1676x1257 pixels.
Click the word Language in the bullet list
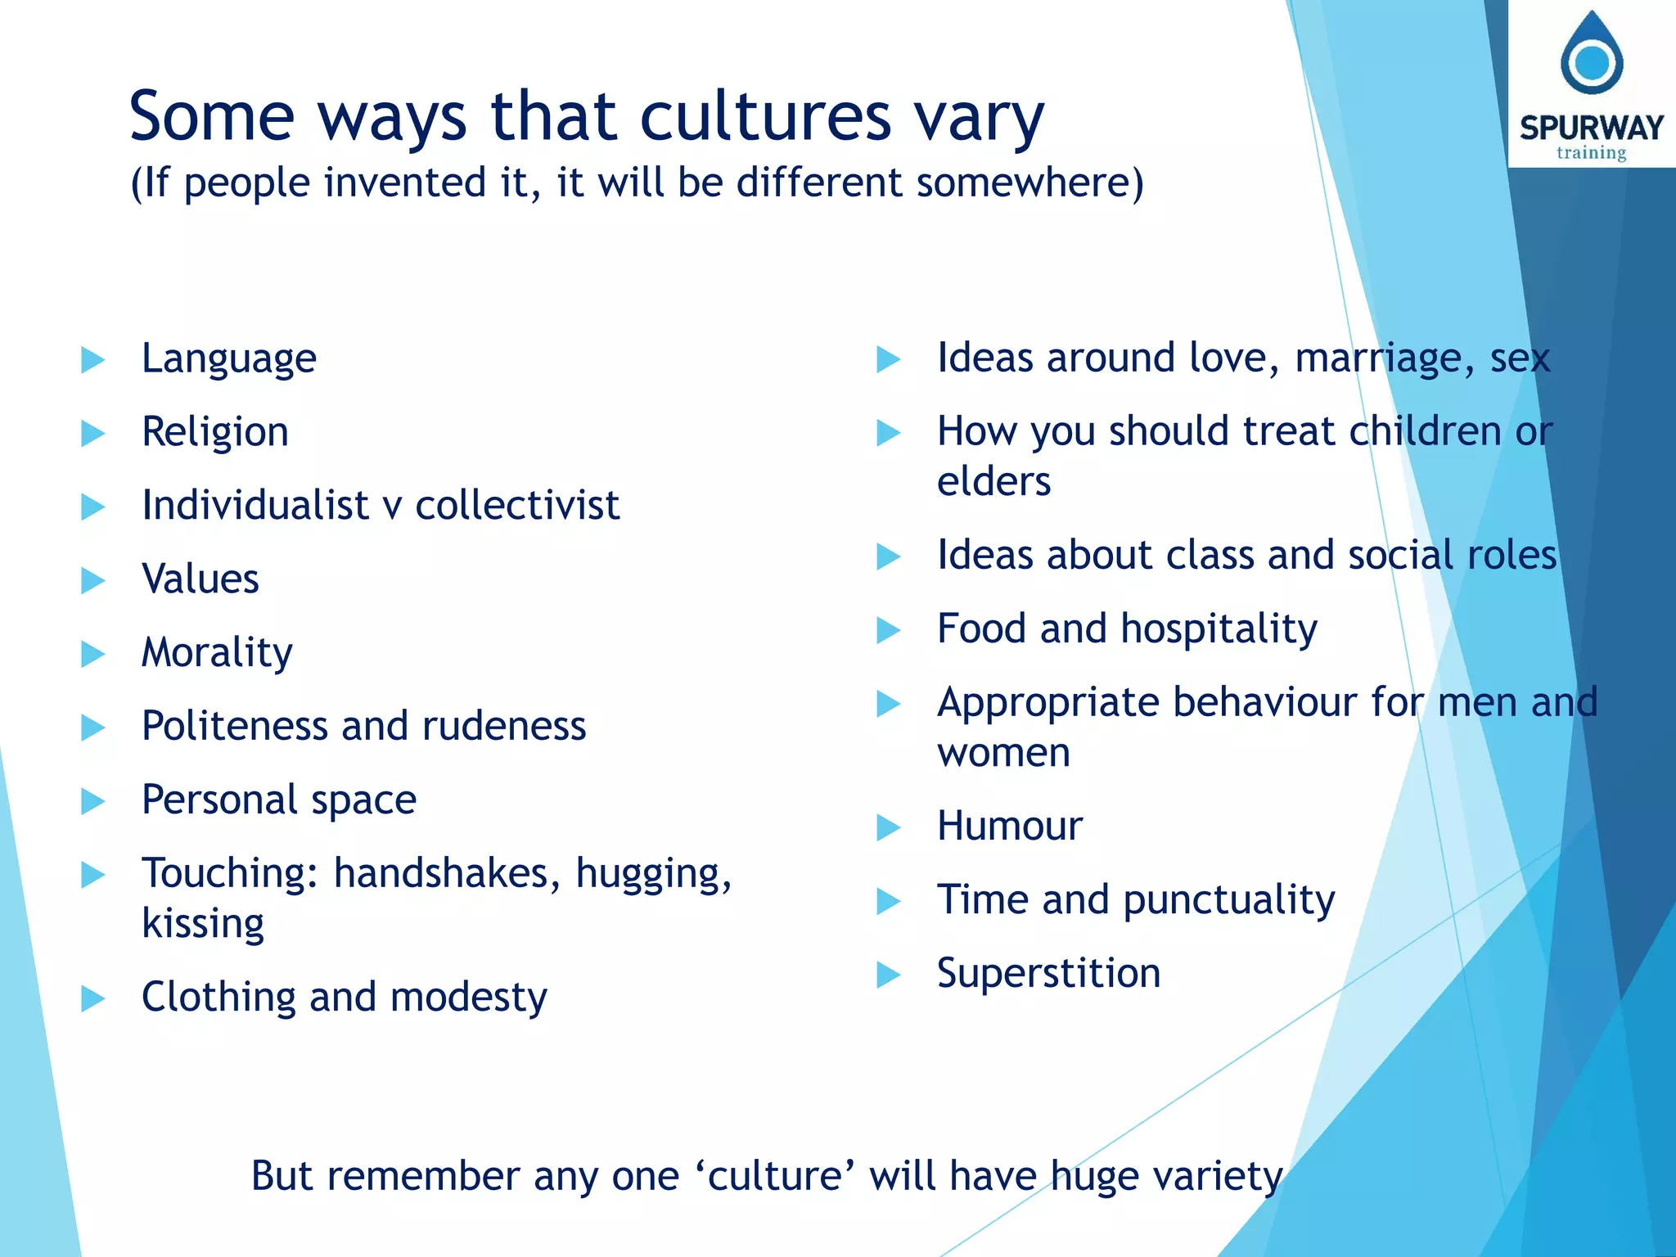228,359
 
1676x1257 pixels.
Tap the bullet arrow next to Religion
92,433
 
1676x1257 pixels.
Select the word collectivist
516,506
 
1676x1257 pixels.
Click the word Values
200,579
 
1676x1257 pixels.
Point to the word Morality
216,653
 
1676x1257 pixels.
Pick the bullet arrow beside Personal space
92,801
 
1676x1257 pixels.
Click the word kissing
202,924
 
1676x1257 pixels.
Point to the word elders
993,482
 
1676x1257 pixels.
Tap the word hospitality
1219,629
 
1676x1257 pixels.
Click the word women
1002,753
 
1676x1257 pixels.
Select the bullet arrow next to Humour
888,827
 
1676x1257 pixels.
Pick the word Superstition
1047,974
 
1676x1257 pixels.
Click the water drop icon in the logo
1591,56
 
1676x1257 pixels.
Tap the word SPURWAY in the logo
1591,128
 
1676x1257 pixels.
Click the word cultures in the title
764,117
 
